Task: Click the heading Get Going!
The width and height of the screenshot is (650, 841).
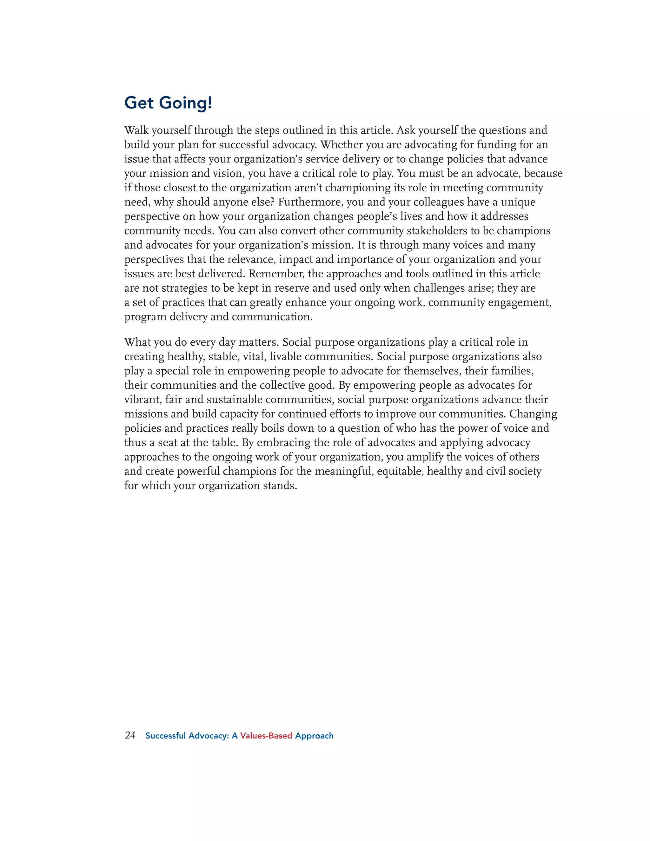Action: click(x=168, y=103)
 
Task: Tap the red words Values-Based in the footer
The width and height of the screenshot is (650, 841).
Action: click(x=266, y=736)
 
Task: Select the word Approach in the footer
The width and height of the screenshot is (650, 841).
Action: click(x=314, y=736)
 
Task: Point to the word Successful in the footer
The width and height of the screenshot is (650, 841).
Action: click(x=166, y=736)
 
